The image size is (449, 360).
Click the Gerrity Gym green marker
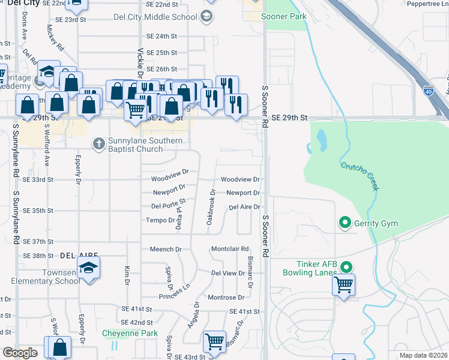click(x=345, y=223)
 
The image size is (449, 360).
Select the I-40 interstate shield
click(x=428, y=91)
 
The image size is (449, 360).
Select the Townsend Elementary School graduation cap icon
click(x=88, y=267)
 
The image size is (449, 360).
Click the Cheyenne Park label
click(x=129, y=333)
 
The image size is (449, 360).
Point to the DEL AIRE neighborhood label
click(x=74, y=255)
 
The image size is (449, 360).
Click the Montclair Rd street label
click(x=230, y=249)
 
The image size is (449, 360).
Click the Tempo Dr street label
click(x=160, y=220)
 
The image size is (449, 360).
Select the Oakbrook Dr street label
click(x=211, y=208)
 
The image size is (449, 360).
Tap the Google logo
click(x=20, y=353)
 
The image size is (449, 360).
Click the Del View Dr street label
click(x=228, y=273)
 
